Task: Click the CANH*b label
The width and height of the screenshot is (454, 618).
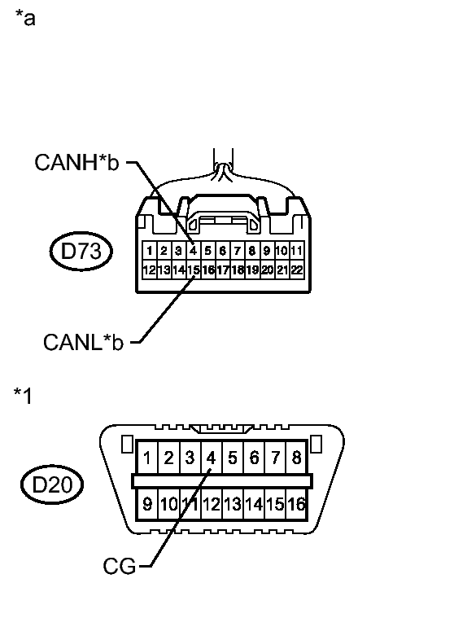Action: point(76,163)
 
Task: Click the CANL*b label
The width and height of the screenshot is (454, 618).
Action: point(83,342)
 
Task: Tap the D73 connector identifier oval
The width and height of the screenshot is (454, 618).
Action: point(81,252)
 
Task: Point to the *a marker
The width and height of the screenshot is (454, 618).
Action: point(25,17)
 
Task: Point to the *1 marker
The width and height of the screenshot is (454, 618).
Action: point(23,396)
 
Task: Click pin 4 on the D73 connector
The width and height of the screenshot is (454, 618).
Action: point(193,251)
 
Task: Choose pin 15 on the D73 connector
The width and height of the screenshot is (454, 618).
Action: point(194,269)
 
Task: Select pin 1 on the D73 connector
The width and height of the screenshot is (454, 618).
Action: point(149,251)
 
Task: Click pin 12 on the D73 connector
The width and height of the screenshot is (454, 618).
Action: point(149,269)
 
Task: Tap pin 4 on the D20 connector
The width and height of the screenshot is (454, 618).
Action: point(210,458)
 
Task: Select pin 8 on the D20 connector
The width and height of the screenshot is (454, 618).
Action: point(296,458)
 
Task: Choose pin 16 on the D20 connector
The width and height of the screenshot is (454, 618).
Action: point(296,504)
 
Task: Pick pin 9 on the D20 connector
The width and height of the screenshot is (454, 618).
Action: point(147,504)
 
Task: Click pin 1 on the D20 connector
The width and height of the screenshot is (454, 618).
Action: point(147,458)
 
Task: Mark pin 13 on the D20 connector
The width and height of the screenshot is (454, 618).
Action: point(232,504)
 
